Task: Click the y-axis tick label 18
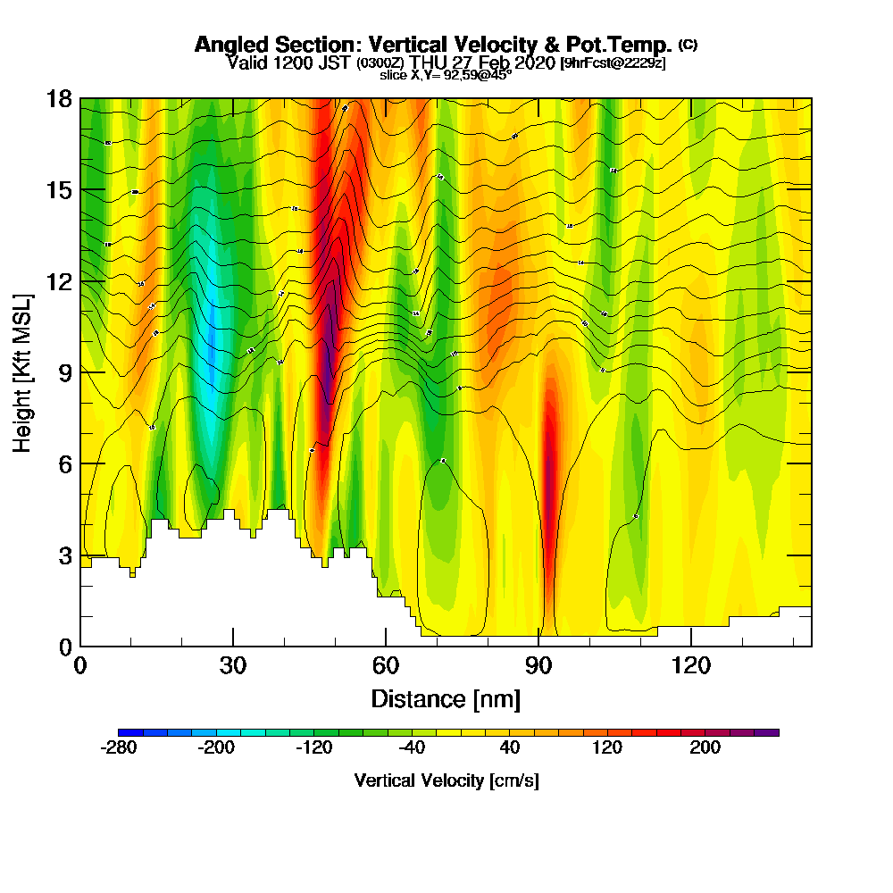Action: pyautogui.click(x=58, y=98)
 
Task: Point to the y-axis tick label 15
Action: pyautogui.click(x=58, y=190)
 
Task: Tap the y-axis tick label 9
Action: pyautogui.click(x=64, y=372)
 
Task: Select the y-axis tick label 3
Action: pyautogui.click(x=64, y=555)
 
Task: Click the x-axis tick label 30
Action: pyautogui.click(x=232, y=666)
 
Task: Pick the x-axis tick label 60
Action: pyautogui.click(x=385, y=666)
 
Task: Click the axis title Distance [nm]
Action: pyautogui.click(x=446, y=698)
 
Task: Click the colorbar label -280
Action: pyautogui.click(x=120, y=747)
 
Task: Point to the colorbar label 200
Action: pyautogui.click(x=705, y=747)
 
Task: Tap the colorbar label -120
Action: pyautogui.click(x=315, y=747)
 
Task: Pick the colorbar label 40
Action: pyautogui.click(x=510, y=747)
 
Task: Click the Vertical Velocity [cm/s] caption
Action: pyautogui.click(x=446, y=780)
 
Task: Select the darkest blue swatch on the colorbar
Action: pyautogui.click(x=124, y=732)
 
